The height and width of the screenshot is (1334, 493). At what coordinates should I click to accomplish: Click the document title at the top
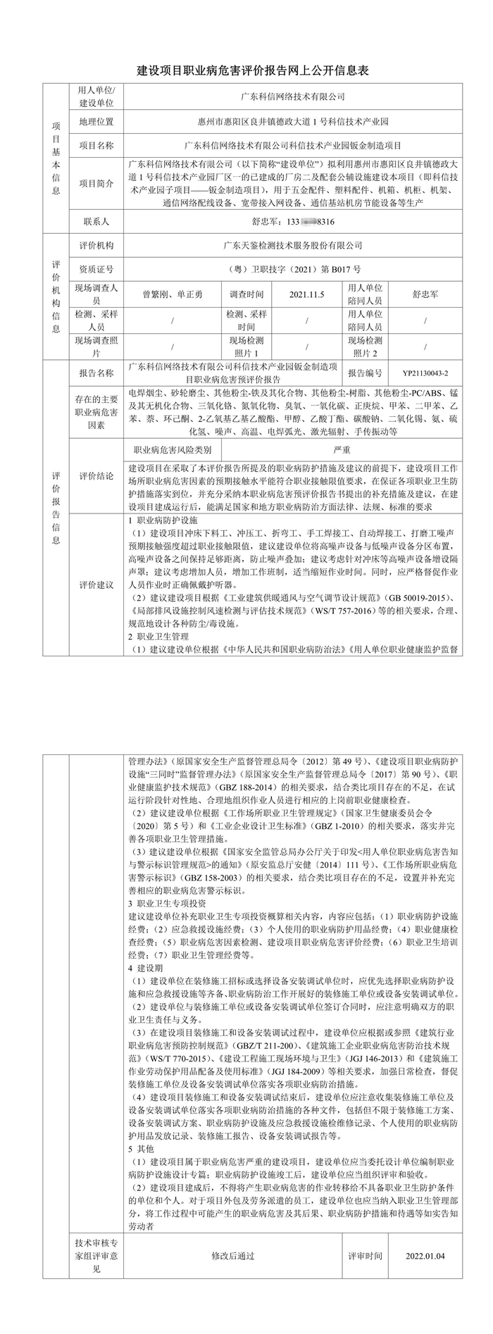coord(246,72)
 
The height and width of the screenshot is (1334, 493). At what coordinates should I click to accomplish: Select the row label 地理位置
coord(96,121)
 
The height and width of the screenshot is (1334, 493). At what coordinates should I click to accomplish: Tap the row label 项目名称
coord(96,146)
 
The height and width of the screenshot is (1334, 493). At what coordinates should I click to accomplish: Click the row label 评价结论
coord(96,475)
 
